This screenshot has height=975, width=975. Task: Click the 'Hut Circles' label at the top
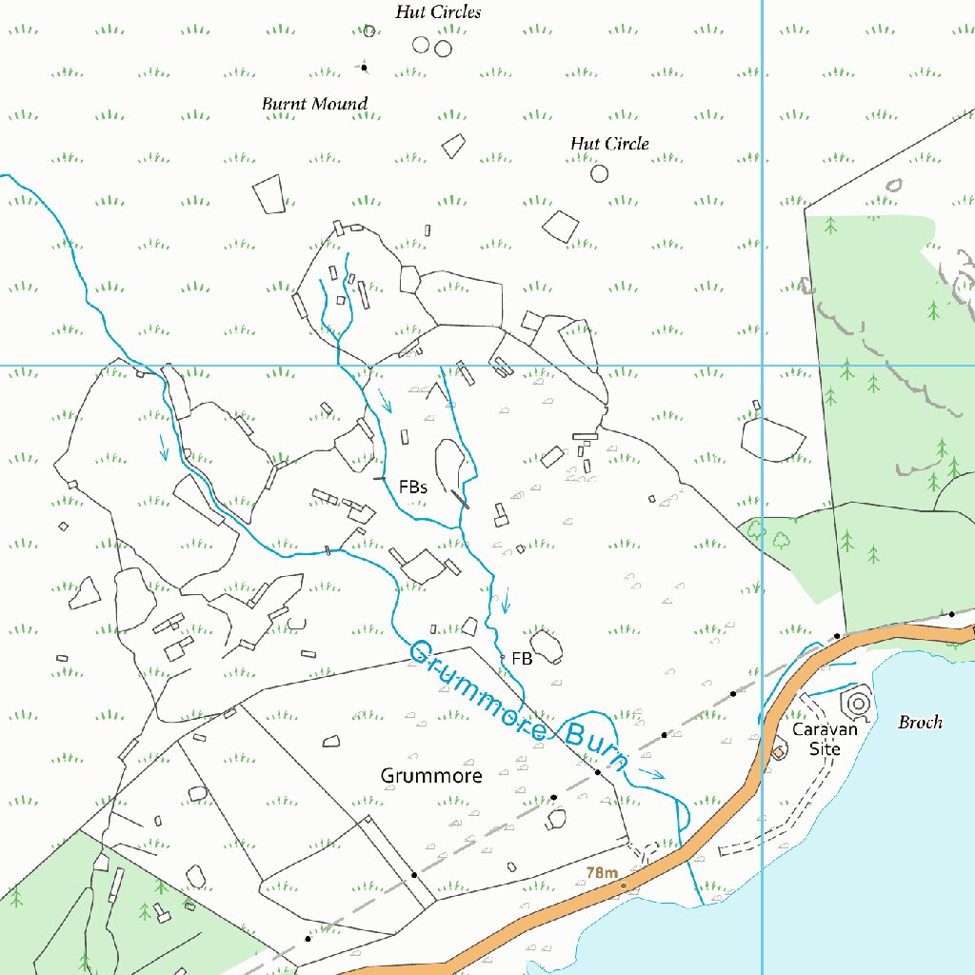438,12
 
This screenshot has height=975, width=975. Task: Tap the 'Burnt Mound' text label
314,103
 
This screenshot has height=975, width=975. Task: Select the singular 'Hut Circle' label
609,144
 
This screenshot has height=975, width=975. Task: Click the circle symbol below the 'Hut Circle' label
599,173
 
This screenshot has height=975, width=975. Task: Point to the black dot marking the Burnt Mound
363,67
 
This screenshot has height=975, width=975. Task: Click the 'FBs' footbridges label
412,487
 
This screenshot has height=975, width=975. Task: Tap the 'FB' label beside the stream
521,658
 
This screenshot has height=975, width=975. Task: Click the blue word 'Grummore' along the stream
479,691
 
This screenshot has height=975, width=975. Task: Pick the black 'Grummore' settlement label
431,776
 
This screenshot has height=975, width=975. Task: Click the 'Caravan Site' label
826,739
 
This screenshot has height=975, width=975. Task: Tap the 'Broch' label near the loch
920,723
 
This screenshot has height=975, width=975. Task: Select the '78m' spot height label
603,872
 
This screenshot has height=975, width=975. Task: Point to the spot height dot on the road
624,886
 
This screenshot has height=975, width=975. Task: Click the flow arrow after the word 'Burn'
652,773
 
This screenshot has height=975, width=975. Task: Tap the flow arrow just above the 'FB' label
506,600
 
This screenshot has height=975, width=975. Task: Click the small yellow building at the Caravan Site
778,752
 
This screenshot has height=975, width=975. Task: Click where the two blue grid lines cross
763,365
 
